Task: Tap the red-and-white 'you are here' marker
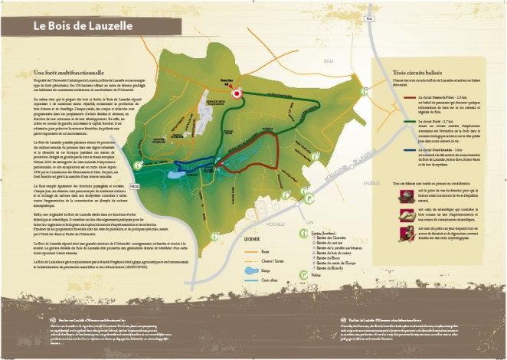pos(237,93)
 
